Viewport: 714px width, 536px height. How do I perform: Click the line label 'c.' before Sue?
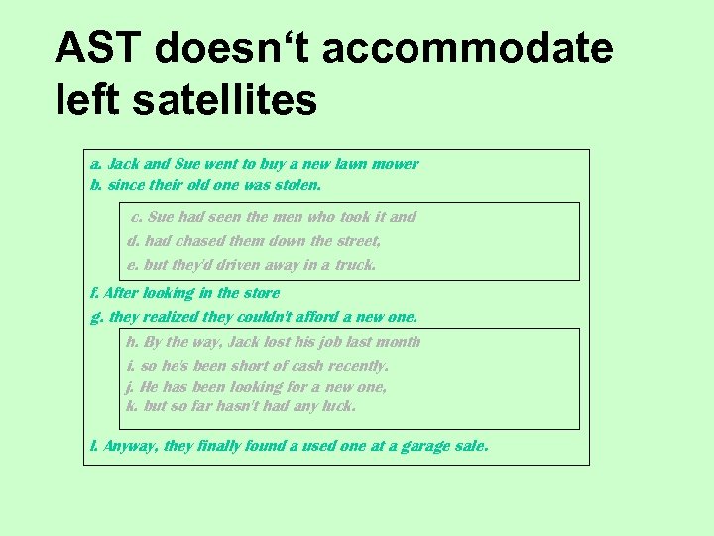tap(137, 217)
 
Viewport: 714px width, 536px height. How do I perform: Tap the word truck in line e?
tap(355, 265)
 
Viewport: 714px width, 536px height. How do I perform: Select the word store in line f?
tap(262, 293)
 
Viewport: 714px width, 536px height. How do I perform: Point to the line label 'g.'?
tap(96, 318)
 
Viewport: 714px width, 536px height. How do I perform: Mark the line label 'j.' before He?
tap(131, 387)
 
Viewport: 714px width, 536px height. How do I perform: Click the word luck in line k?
tap(338, 406)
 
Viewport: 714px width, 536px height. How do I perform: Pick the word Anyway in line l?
tap(132, 447)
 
